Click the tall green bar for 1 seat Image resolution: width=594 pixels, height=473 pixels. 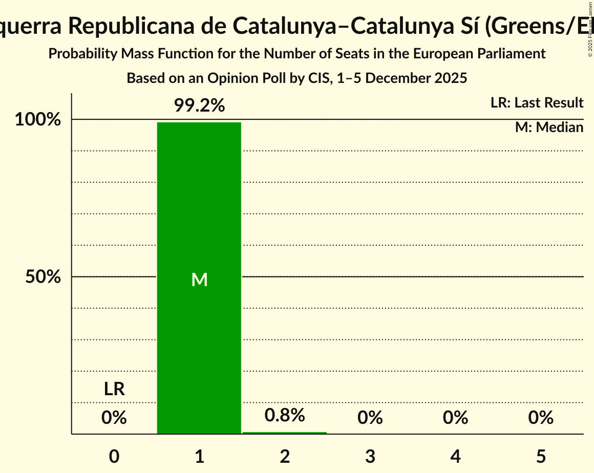199,205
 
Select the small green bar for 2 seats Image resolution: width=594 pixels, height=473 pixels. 284,433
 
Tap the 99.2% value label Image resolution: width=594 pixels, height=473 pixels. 199,105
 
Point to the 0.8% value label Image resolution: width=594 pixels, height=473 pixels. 284,415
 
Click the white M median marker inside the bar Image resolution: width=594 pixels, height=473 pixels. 199,279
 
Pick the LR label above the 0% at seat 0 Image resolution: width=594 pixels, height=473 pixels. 114,389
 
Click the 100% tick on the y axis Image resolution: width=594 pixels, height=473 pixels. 37,120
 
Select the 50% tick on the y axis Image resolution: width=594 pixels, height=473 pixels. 43,277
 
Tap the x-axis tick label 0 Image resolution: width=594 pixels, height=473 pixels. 114,456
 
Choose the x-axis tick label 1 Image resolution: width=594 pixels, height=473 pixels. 199,456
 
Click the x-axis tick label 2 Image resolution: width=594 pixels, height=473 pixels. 285,456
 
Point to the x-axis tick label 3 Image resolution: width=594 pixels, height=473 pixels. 370,456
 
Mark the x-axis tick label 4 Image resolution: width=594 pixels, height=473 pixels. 455,456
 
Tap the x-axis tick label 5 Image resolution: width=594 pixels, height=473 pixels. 541,456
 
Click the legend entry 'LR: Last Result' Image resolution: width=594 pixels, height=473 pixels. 537,103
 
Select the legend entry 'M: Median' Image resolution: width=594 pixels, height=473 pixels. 549,127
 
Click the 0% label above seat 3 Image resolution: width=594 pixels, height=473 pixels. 370,418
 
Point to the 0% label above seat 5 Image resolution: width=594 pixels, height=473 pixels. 541,418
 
